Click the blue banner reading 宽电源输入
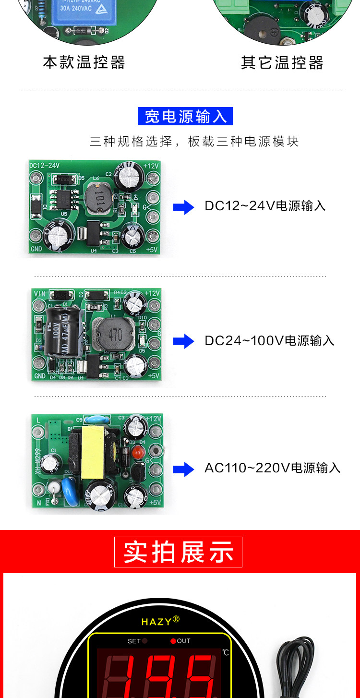point(185,116)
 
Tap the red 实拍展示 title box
point(178,552)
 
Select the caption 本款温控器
point(84,62)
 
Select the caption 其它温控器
point(282,62)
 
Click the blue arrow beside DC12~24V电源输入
point(183,207)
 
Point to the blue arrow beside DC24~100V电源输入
point(183,341)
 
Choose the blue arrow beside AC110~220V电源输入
point(183,469)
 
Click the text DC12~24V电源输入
point(265,206)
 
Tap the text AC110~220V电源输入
point(272,468)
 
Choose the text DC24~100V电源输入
point(269,341)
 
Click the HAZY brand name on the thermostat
point(157,622)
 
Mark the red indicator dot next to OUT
point(173,641)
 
